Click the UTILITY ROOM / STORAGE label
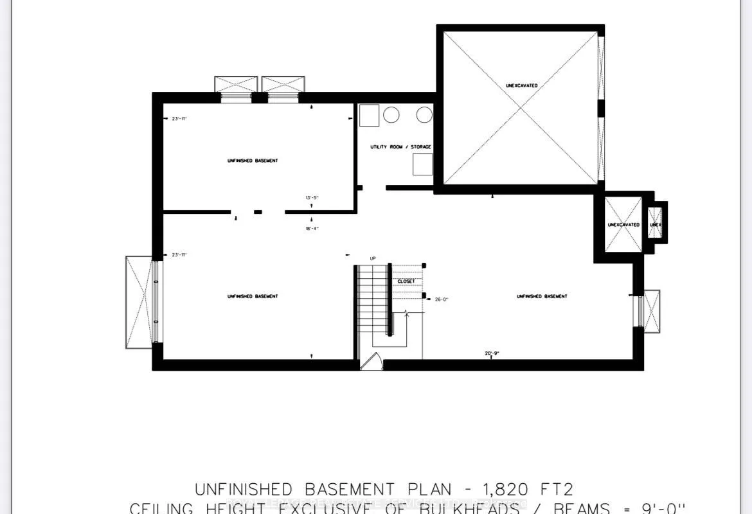[400, 147]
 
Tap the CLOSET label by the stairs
[406, 281]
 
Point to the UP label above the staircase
[372, 258]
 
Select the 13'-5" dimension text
[312, 197]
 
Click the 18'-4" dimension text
[312, 228]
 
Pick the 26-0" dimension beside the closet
[442, 299]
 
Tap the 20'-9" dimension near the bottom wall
[492, 353]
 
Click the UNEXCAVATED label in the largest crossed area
[521, 85]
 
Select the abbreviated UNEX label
[656, 224]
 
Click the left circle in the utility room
[391, 115]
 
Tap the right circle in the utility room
[424, 115]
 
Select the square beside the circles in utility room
[369, 116]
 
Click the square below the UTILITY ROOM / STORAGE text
[422, 164]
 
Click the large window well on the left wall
[139, 302]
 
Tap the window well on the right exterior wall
[650, 312]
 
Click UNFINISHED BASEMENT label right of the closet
[542, 296]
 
